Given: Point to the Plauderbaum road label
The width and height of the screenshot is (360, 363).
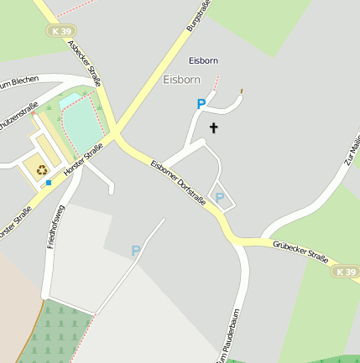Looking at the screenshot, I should tap(225, 343).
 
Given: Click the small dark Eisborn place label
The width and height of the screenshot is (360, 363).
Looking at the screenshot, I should tap(203, 60).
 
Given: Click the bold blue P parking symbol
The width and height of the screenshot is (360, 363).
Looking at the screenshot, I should tap(201, 104).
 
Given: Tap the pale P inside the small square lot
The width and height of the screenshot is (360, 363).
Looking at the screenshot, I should tap(220, 198).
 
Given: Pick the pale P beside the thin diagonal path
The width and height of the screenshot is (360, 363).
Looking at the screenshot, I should tap(136, 250).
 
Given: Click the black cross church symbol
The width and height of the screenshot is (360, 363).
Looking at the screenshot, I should tap(214, 128).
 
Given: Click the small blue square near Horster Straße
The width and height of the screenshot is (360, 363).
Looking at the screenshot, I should tap(49, 182).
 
